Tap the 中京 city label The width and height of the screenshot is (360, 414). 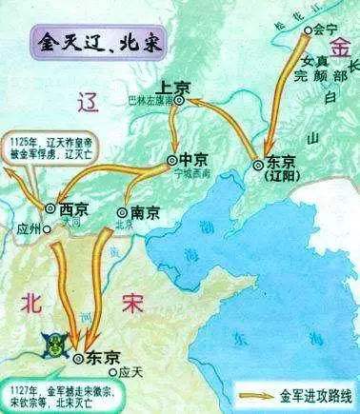[192, 160]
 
